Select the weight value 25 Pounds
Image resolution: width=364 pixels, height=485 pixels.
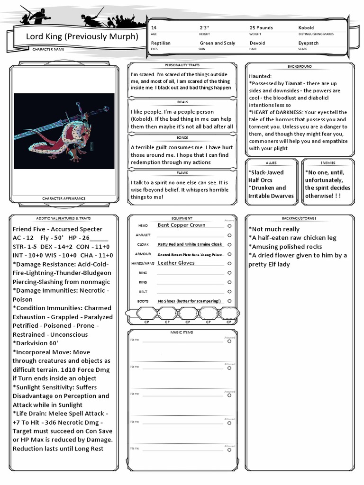pyautogui.click(x=261, y=28)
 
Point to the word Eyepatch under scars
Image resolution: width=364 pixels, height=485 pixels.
pyautogui.click(x=308, y=43)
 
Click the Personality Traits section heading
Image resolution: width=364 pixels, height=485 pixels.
pyautogui.click(x=182, y=65)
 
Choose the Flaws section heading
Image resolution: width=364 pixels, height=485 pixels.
pyautogui.click(x=182, y=173)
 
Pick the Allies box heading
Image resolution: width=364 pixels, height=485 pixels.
pyautogui.click(x=272, y=162)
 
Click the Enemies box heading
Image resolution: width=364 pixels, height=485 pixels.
pyautogui.click(x=328, y=162)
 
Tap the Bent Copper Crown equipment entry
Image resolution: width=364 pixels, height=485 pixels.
pyautogui.click(x=182, y=225)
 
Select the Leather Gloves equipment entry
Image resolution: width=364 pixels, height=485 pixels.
pyautogui.click(x=176, y=263)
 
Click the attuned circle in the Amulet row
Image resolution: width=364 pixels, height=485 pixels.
pyautogui.click(x=229, y=235)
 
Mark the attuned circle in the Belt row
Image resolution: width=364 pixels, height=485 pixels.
pyautogui.click(x=229, y=292)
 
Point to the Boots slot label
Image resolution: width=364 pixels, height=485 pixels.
pyautogui.click(x=143, y=301)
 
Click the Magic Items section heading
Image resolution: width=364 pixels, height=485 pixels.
pyautogui.click(x=182, y=332)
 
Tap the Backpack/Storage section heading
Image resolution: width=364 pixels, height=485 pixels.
pyautogui.click(x=300, y=218)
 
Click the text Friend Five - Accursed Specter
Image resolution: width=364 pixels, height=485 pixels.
pyautogui.click(x=57, y=229)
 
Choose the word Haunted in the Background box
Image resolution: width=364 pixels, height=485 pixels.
pyautogui.click(x=260, y=76)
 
